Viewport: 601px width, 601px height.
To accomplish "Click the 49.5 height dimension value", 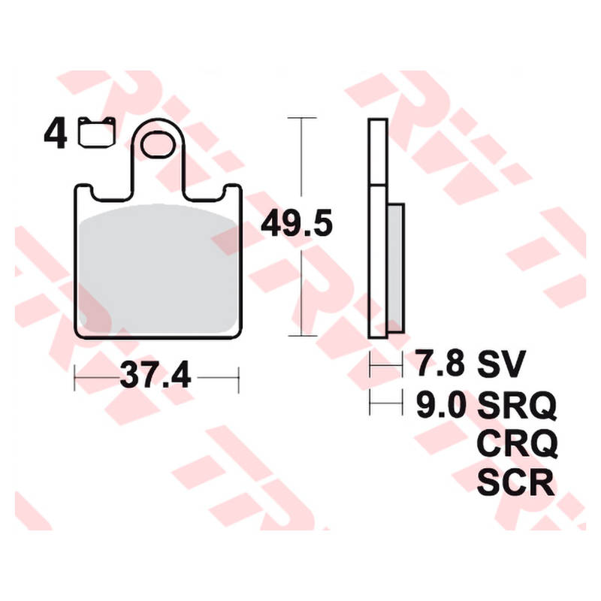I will [296, 223].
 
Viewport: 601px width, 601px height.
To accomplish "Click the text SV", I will [502, 366].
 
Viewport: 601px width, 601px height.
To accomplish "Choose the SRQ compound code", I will [516, 406].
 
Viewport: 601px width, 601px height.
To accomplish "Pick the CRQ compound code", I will [516, 445].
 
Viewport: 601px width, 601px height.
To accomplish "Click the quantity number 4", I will [55, 134].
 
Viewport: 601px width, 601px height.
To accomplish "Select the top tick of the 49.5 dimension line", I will [300, 118].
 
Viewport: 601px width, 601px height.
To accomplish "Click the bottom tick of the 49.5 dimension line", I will [300, 336].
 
